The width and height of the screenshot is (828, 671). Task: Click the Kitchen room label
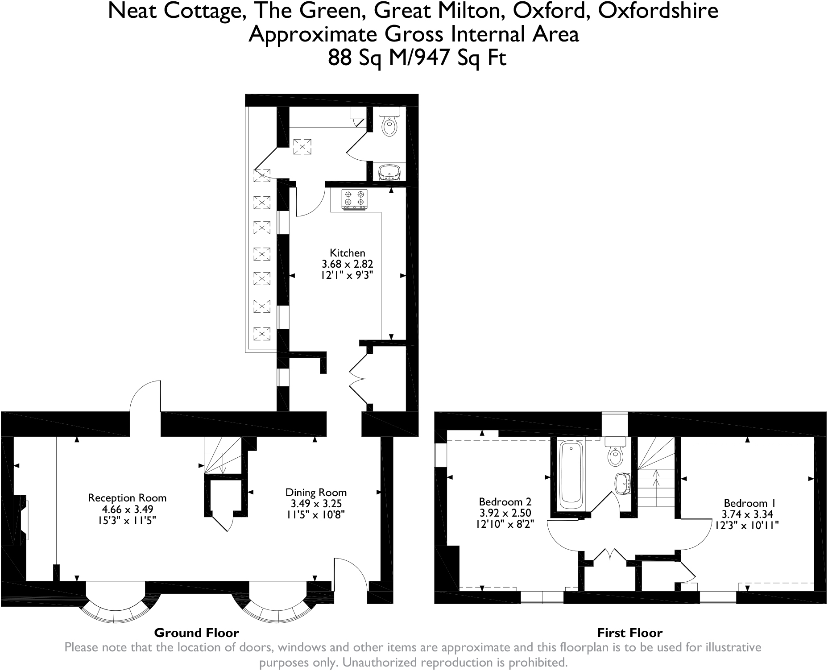click(347, 253)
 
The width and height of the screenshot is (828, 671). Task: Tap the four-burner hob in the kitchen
click(354, 199)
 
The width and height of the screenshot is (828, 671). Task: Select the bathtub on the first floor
click(571, 476)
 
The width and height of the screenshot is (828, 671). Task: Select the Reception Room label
click(127, 498)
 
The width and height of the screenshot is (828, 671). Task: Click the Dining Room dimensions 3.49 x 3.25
click(316, 504)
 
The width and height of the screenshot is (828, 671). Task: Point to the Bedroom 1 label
click(746, 503)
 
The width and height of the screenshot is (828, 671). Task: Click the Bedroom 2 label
click(505, 502)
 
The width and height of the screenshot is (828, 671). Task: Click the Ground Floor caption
click(196, 633)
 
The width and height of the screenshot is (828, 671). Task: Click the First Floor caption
click(629, 633)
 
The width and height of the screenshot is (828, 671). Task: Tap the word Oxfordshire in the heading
click(658, 11)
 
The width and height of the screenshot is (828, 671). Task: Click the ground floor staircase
click(221, 456)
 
